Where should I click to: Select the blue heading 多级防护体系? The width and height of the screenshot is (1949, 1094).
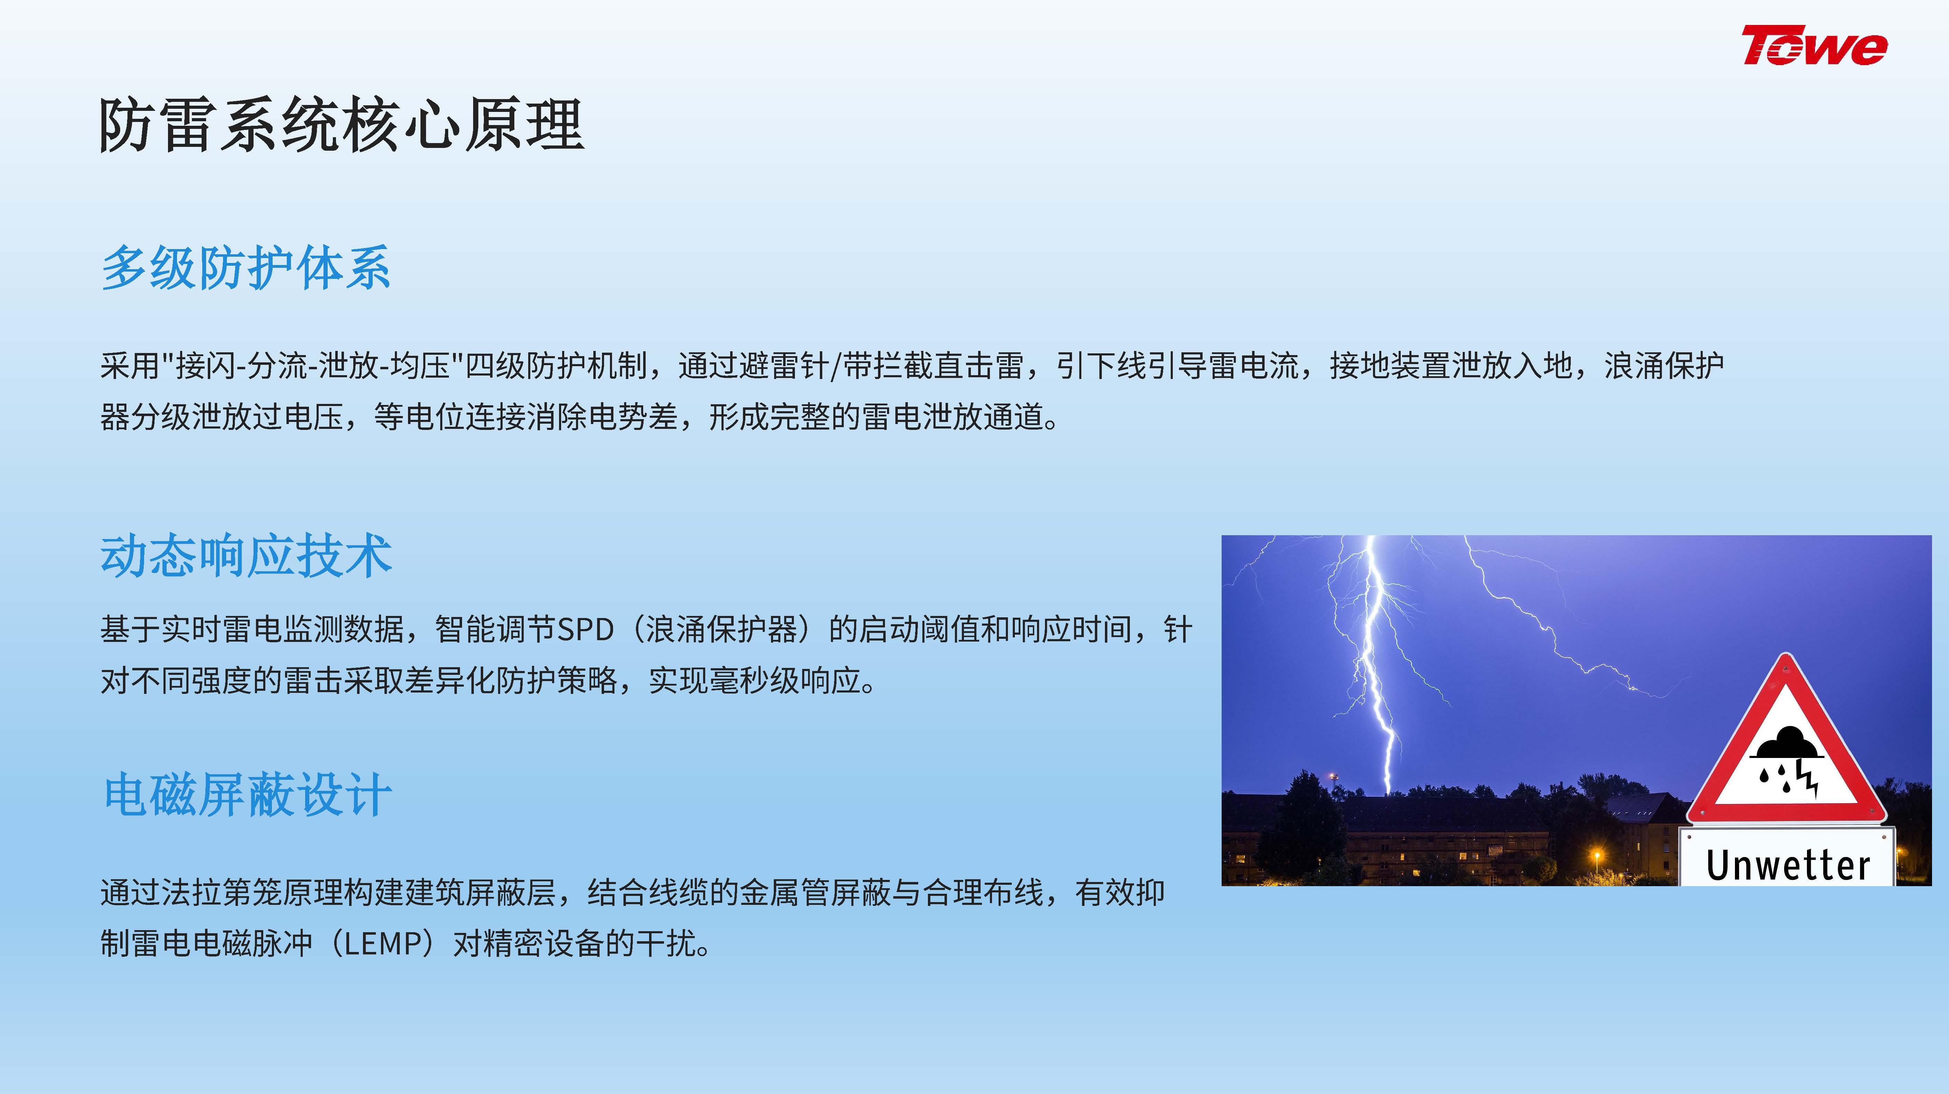pos(246,268)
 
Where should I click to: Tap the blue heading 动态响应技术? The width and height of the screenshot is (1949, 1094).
pos(246,556)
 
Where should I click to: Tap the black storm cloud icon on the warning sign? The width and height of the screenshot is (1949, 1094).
pos(1788,743)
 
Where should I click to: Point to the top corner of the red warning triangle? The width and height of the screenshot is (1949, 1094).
pos(1786,655)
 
